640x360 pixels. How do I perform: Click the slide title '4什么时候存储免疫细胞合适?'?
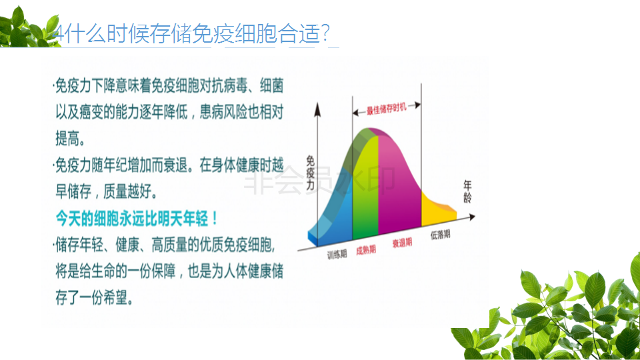[x=191, y=33]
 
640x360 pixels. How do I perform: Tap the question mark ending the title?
[x=325, y=33]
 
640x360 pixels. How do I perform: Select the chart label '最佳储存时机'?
[x=386, y=109]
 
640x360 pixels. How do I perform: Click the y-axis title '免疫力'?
[x=310, y=173]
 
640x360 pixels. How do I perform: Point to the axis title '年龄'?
[x=468, y=191]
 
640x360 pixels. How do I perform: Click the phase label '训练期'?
[x=337, y=254]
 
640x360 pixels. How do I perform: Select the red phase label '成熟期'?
[x=366, y=250]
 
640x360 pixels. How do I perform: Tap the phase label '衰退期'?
[x=402, y=243]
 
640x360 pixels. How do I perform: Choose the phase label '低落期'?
[x=441, y=234]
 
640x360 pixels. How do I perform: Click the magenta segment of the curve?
[x=398, y=184]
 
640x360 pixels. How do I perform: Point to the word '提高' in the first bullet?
[x=67, y=139]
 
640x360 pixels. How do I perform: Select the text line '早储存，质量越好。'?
[x=106, y=191]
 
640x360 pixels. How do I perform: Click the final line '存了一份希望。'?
[x=94, y=297]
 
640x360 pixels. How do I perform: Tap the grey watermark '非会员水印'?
[x=319, y=179]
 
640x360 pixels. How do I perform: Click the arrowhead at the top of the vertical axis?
[x=317, y=109]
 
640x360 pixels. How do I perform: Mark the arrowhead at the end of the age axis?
[x=471, y=217]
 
